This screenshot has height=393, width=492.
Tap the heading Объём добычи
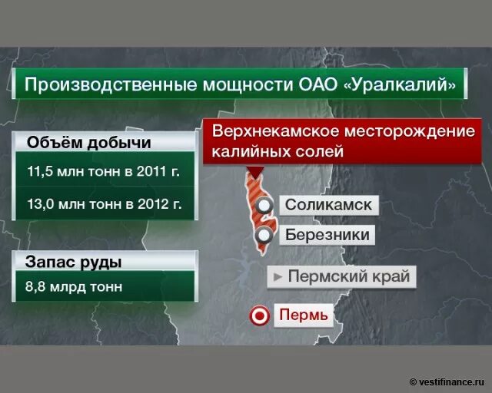[89, 142]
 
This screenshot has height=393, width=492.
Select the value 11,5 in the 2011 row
[40, 170]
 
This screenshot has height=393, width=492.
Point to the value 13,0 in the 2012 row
[40, 203]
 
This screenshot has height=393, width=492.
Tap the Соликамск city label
[328, 205]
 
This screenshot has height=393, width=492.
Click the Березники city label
[327, 235]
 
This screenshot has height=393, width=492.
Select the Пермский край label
[348, 276]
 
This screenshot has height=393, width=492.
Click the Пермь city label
[303, 315]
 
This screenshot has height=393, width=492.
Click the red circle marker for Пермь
[261, 315]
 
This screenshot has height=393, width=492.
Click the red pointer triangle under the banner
[255, 170]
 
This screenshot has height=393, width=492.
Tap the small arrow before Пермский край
[278, 276]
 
